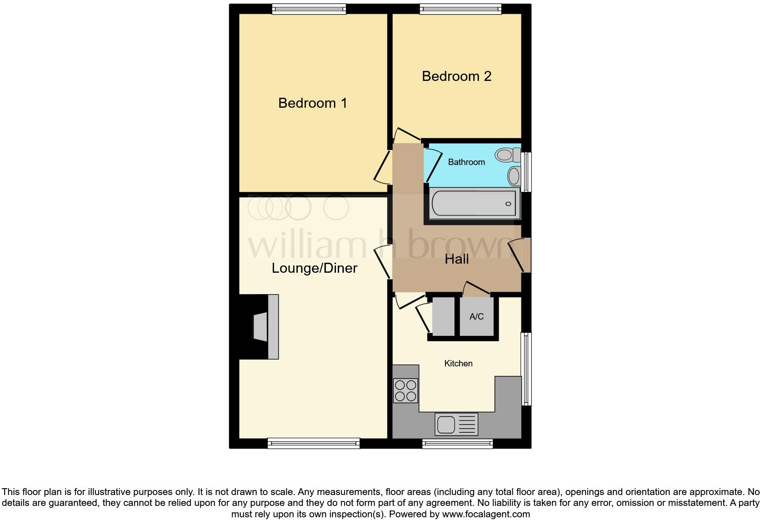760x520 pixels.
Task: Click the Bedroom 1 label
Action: (x=313, y=103)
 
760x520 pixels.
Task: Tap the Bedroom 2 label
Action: (x=456, y=76)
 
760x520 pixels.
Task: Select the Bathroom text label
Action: (x=466, y=162)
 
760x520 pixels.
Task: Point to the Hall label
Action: (x=456, y=259)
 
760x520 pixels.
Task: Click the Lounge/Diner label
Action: (x=315, y=268)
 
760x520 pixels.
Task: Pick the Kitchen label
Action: (x=458, y=364)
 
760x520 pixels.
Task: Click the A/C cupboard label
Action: (x=476, y=317)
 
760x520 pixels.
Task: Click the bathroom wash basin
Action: (x=514, y=176)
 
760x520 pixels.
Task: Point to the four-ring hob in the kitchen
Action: (x=405, y=391)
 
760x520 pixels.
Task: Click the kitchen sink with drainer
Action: (x=456, y=425)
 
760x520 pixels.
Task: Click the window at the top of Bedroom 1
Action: (x=309, y=9)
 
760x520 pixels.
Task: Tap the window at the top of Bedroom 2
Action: (x=460, y=9)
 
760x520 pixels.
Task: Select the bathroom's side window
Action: (x=526, y=172)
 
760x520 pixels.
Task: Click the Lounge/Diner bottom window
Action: (x=314, y=443)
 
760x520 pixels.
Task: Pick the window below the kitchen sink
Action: (x=457, y=444)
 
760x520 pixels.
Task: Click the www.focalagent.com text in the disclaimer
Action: (x=486, y=514)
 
